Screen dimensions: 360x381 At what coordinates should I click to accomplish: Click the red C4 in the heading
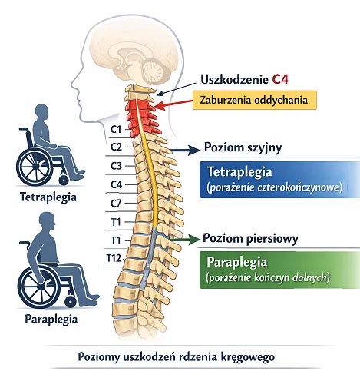280,79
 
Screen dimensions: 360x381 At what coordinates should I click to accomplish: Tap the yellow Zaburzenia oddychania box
255,100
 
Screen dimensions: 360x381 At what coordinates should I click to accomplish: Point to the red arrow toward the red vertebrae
173,104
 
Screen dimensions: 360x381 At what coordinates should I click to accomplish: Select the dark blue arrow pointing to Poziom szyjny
184,150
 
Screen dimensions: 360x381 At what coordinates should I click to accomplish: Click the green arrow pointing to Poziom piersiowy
184,239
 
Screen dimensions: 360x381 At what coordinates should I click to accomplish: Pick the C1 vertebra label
116,129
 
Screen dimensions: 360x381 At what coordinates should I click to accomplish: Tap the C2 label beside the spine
116,147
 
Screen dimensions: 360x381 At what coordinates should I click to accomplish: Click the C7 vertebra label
116,204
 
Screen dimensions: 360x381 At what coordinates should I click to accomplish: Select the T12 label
114,258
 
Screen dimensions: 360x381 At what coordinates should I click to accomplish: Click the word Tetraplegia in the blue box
239,171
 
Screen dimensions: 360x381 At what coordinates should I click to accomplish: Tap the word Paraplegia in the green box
237,262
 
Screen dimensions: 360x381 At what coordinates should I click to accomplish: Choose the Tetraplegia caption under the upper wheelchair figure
48,197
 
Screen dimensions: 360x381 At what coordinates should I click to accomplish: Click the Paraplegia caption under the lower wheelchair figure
51,320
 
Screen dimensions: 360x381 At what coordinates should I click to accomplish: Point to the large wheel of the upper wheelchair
34,167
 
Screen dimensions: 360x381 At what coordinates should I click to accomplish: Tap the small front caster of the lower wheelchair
71,301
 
